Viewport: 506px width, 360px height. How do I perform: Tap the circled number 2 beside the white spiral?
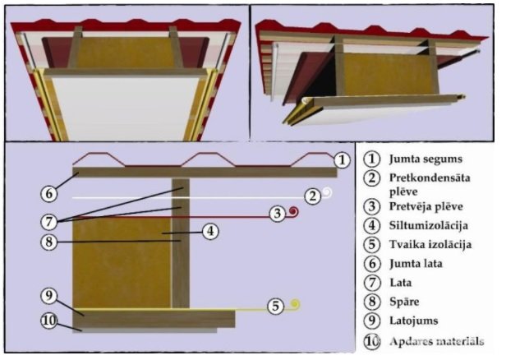coord(311,196)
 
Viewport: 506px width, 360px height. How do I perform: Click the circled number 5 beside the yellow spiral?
coord(278,306)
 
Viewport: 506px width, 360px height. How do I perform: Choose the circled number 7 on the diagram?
coord(51,222)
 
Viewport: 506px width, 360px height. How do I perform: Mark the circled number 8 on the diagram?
coord(51,242)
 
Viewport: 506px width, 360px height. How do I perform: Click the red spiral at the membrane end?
coord(293,213)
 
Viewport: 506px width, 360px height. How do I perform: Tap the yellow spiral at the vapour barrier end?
coord(295,305)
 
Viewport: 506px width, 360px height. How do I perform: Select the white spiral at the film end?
coord(326,195)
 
